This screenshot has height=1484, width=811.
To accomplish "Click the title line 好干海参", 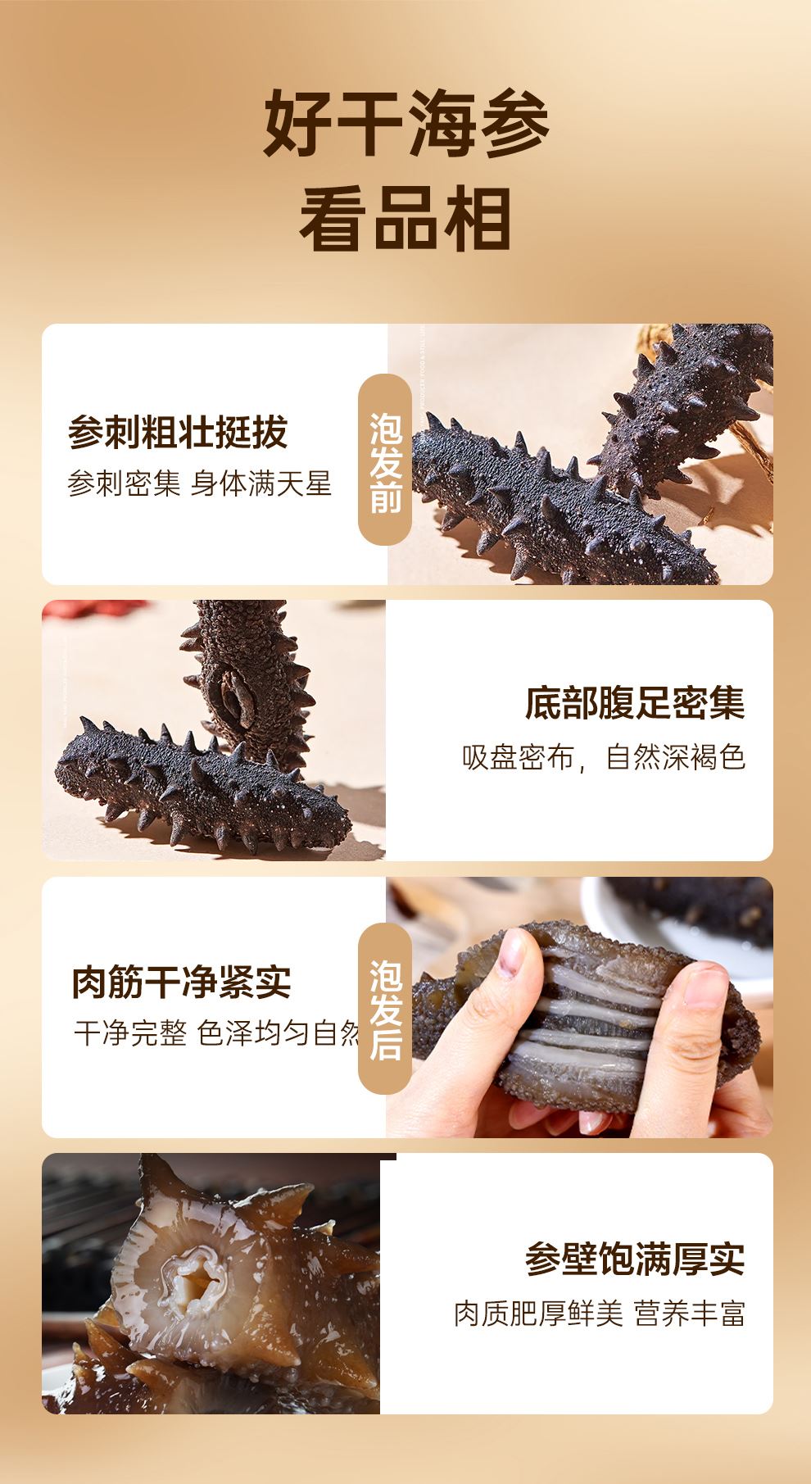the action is point(405,125).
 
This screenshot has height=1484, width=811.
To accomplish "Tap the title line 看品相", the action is point(405,218).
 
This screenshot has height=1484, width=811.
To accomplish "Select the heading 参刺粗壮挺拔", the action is point(178,432).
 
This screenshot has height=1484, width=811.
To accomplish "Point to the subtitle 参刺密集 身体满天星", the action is point(199,483).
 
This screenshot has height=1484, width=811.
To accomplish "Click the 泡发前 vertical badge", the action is point(385,460).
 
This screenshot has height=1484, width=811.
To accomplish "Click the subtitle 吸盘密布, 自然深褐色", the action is point(604,756).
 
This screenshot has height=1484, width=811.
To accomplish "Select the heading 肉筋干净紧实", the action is point(182,982).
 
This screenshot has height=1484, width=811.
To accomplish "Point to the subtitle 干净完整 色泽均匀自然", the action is point(217,1032).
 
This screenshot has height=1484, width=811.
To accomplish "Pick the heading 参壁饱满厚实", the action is point(635,1259).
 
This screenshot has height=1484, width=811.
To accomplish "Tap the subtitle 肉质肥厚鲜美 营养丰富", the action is point(600,1314).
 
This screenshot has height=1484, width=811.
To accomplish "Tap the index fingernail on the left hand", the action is point(512,951).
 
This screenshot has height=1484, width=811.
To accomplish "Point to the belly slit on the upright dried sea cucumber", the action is point(229,693).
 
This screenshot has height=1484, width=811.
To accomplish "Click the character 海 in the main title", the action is point(443,125).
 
